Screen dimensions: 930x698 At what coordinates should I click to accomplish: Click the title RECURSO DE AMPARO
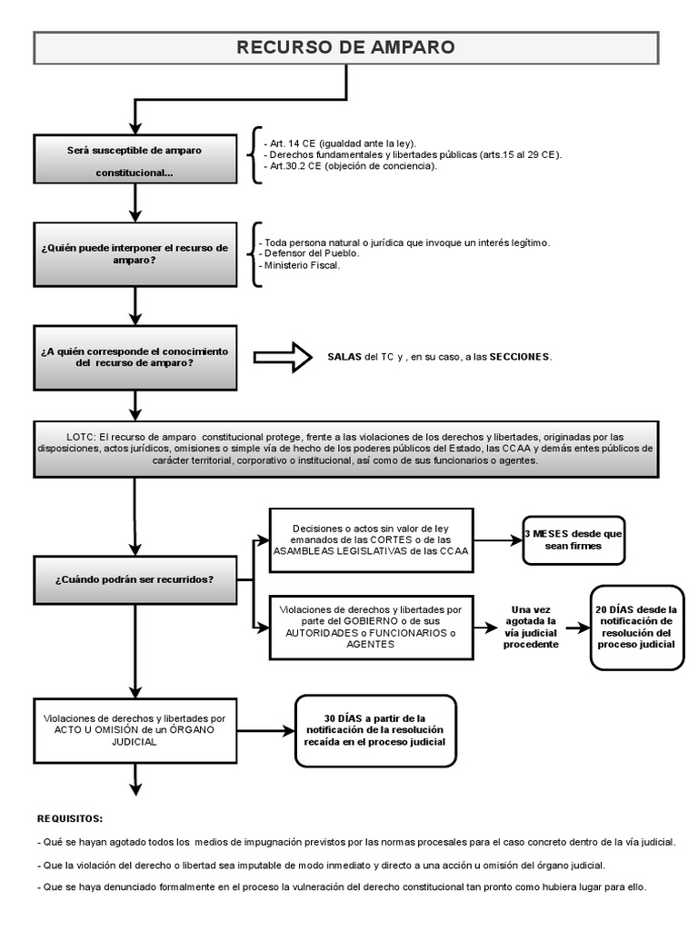(x=345, y=47)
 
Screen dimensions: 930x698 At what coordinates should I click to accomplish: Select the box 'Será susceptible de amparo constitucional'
(x=135, y=159)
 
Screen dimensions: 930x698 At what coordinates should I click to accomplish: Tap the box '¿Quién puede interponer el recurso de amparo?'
(x=135, y=253)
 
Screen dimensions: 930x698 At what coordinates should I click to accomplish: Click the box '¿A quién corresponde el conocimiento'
(x=135, y=357)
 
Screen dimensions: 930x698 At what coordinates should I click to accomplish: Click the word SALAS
(x=344, y=357)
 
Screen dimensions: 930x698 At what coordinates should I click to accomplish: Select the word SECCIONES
(x=519, y=357)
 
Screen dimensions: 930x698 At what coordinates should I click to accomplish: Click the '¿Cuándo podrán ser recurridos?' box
(x=135, y=579)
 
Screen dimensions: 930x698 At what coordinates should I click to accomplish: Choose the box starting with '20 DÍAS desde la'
(x=636, y=627)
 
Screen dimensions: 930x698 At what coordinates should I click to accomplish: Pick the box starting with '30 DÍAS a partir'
(x=375, y=729)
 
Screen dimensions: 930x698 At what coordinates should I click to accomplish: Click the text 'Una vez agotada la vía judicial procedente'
(x=533, y=627)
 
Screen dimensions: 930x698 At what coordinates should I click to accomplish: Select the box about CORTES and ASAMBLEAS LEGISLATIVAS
(x=371, y=540)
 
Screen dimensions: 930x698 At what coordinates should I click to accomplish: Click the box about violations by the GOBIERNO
(x=371, y=626)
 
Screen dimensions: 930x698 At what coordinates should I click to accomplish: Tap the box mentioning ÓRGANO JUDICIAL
(x=135, y=729)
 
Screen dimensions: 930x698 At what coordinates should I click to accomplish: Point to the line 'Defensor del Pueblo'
(x=309, y=253)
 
